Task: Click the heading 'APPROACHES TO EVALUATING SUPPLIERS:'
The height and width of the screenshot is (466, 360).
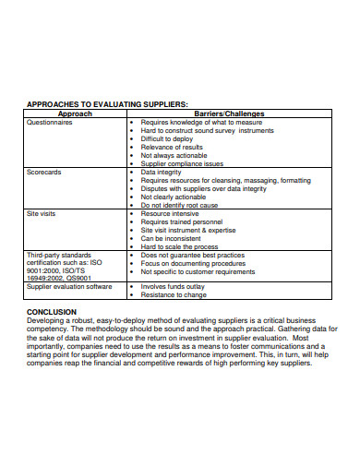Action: tap(107, 104)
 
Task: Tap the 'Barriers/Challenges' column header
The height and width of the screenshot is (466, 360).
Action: tap(229, 113)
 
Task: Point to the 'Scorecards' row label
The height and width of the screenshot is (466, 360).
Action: tap(43, 171)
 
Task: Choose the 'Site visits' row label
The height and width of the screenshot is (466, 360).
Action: tap(42, 213)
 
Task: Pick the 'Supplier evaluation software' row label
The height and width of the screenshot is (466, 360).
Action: tap(69, 286)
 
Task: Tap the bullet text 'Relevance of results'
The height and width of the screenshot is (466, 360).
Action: tap(172, 146)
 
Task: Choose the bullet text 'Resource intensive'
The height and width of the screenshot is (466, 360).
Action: tap(171, 213)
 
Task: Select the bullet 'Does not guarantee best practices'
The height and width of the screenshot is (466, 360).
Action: tap(192, 255)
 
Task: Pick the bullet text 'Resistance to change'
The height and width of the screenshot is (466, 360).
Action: tap(174, 295)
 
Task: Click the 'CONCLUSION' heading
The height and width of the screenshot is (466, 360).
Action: tap(52, 311)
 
